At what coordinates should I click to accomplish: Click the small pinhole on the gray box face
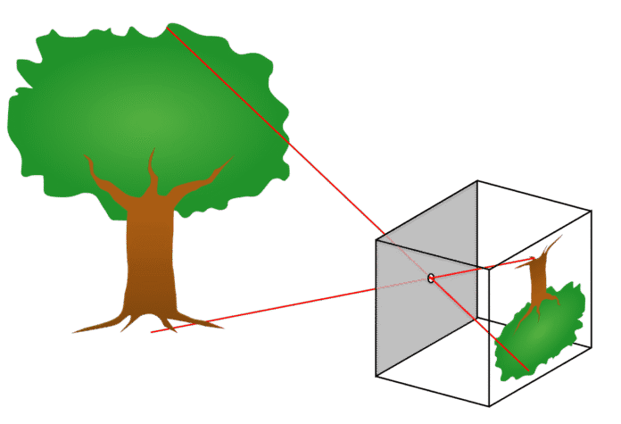pyautogui.click(x=431, y=279)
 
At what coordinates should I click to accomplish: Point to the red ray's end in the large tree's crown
pyautogui.click(x=167, y=28)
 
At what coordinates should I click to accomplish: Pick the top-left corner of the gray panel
pyautogui.click(x=377, y=238)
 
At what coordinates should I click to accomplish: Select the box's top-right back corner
pyautogui.click(x=591, y=212)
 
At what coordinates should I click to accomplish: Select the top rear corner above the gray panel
pyautogui.click(x=477, y=181)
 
